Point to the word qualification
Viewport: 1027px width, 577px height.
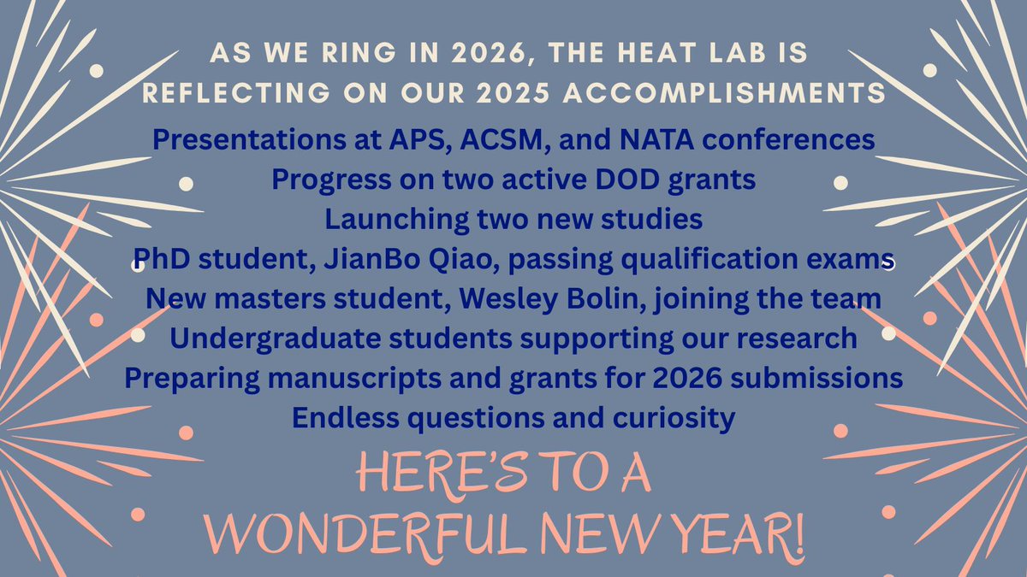tap(713, 259)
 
